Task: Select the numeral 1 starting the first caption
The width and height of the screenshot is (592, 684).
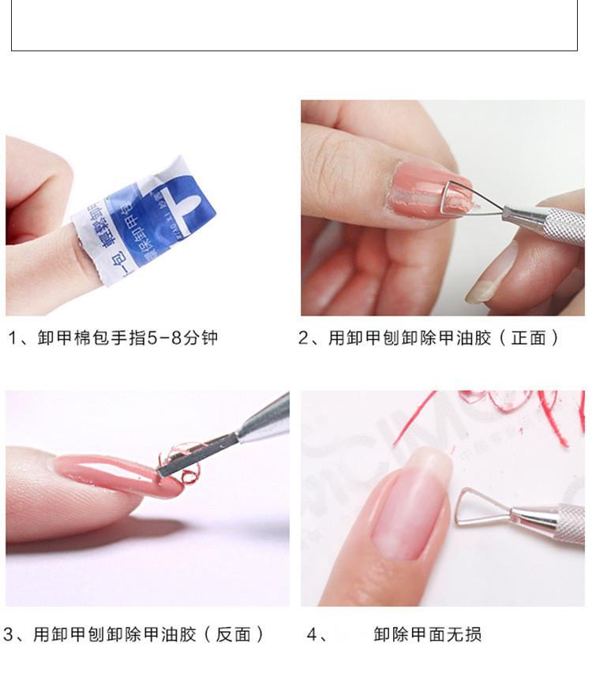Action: click(13, 338)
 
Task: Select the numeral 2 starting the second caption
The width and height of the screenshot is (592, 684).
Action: click(304, 338)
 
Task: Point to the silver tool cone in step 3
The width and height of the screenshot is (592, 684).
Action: click(264, 418)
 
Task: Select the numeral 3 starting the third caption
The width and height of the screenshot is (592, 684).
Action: click(8, 634)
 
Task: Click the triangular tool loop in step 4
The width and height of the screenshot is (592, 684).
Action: click(478, 506)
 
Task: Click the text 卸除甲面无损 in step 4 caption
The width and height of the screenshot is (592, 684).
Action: click(427, 634)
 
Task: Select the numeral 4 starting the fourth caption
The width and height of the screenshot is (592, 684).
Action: click(312, 634)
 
